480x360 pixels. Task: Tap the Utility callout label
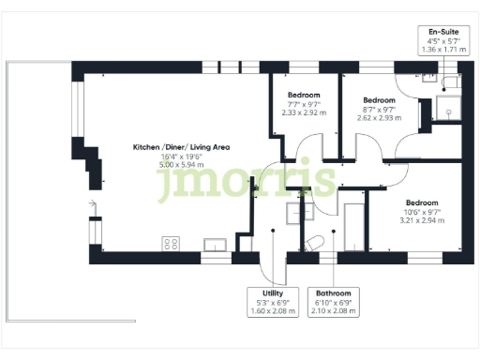click(x=260, y=292)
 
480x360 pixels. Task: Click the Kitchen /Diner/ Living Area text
click(x=181, y=147)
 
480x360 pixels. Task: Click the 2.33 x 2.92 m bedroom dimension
click(x=304, y=112)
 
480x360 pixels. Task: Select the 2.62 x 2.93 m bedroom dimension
click(x=379, y=117)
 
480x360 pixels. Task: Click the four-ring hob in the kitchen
click(x=171, y=244)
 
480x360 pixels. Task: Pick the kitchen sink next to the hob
click(x=216, y=245)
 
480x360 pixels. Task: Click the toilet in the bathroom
click(x=316, y=244)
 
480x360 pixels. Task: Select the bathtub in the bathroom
click(x=355, y=224)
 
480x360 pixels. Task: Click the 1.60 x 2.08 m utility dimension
click(x=260, y=310)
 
